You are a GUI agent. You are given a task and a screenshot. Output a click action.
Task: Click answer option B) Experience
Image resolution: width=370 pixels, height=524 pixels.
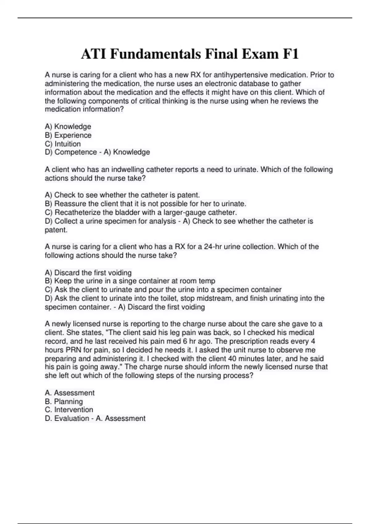pos(68,135)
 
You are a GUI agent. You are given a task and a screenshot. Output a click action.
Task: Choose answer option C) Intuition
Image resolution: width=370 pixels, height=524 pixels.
pos(63,144)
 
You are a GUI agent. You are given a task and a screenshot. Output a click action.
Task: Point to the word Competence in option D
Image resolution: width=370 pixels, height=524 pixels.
pos(76,152)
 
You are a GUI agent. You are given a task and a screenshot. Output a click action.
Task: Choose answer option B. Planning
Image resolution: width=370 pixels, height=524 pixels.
pos(64,401)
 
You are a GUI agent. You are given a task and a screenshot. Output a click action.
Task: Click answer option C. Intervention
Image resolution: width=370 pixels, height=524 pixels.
pos(69,410)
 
